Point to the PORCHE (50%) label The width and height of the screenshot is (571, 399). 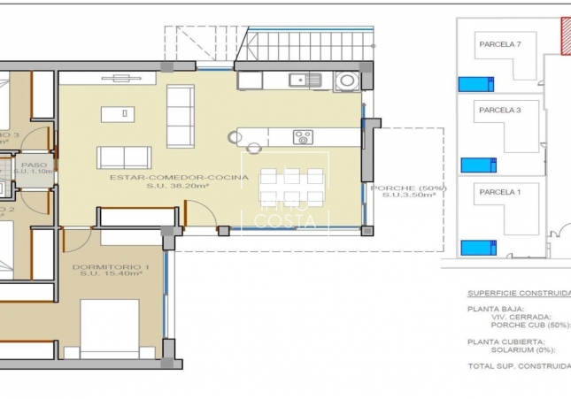click(408, 188)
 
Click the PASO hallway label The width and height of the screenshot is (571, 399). click(34, 164)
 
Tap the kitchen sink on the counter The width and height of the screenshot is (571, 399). click(306, 81)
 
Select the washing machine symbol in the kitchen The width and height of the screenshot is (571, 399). click(347, 81)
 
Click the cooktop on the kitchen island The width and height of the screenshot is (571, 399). click(303, 137)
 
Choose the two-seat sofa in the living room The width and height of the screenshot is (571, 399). click(124, 157)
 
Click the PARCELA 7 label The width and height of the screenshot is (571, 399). click(500, 44)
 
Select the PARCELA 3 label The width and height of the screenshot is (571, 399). click(499, 111)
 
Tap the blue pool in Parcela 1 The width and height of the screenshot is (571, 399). click(478, 248)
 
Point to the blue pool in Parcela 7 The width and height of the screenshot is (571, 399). click(476, 85)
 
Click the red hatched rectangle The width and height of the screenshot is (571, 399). click(565, 35)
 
